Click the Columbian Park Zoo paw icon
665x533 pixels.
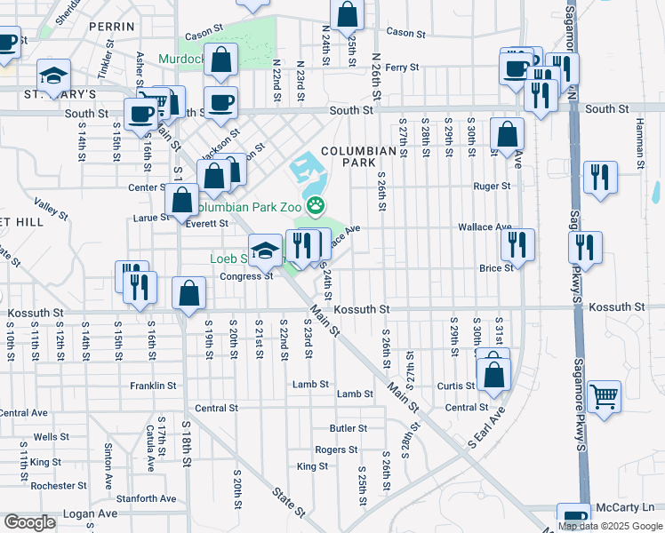tap(316, 206)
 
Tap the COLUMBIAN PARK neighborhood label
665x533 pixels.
tap(358, 157)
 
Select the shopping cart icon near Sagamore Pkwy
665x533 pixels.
tap(604, 395)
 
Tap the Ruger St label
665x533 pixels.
tap(492, 187)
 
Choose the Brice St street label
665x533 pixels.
tap(495, 267)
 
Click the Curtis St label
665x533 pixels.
tap(456, 386)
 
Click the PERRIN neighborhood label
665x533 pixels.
tap(111, 28)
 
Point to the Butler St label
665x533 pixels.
tap(348, 428)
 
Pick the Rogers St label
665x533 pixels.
tap(336, 450)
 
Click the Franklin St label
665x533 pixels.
tap(152, 386)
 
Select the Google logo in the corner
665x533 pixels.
tap(30, 521)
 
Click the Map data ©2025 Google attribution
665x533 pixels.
tap(611, 526)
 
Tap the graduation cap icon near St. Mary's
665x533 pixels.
tap(54, 74)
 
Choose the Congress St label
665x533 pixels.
tap(245, 276)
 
